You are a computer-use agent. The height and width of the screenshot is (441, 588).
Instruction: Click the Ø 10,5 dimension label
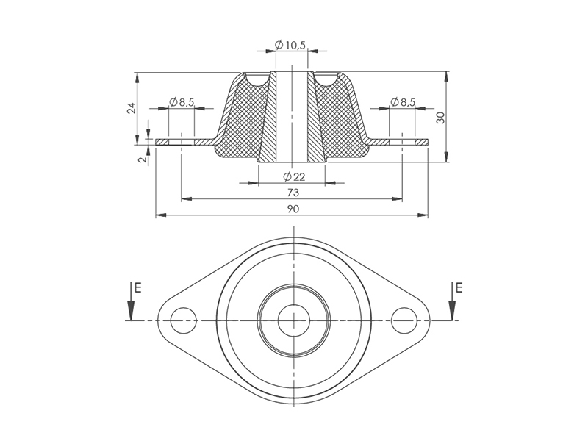(x=291, y=46)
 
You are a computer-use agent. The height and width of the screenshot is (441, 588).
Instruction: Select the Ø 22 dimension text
(x=294, y=176)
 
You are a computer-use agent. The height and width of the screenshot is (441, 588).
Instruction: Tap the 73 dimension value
(x=293, y=193)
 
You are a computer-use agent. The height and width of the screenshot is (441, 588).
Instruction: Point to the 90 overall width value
(x=293, y=209)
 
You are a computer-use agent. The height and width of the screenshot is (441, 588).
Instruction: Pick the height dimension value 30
(x=441, y=117)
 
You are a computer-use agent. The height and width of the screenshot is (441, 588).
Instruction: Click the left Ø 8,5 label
(x=181, y=102)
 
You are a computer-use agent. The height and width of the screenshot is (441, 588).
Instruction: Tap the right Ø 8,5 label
(x=403, y=102)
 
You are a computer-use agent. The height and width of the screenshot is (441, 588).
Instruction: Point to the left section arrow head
(x=131, y=312)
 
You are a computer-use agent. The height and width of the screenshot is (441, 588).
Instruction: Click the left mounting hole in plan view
(x=183, y=320)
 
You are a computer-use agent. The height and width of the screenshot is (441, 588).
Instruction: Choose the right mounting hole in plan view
(x=404, y=320)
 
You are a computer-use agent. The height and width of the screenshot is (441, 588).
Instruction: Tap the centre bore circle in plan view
(x=293, y=320)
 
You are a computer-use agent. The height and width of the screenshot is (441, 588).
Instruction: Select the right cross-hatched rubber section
(x=343, y=125)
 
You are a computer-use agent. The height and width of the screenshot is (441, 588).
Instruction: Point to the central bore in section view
(x=293, y=118)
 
